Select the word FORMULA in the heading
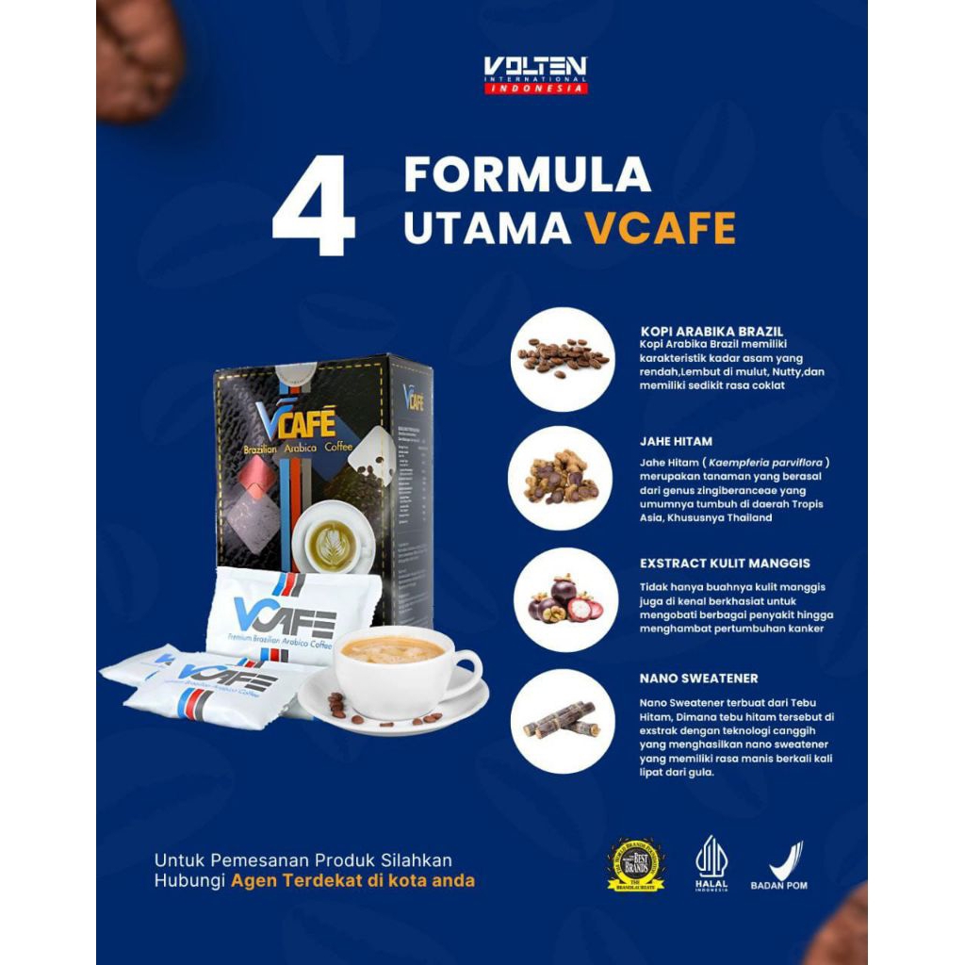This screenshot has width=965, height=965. [x=528, y=175]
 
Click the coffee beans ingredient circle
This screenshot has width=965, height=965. [x=562, y=358]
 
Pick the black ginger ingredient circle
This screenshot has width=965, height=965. [x=562, y=478]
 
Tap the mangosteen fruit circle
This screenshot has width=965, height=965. [x=562, y=599]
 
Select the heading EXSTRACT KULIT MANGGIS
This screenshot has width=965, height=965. [x=725, y=564]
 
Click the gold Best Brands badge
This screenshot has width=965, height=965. [x=635, y=865]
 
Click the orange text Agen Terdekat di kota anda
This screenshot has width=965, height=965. [x=352, y=881]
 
